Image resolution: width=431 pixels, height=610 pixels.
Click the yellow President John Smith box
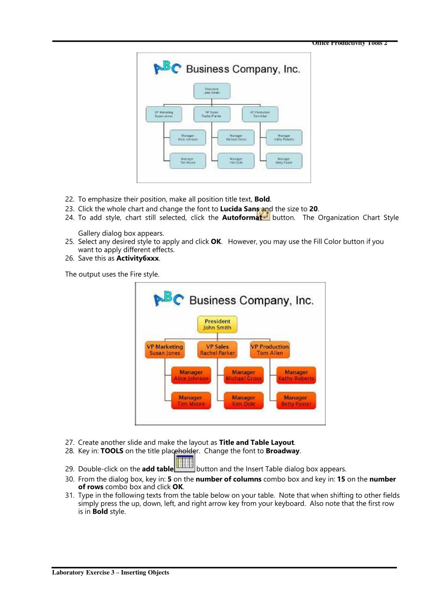tap(217, 325)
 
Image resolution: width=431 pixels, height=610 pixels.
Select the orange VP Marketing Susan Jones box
tap(165, 350)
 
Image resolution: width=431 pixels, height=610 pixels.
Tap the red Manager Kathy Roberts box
tap(296, 375)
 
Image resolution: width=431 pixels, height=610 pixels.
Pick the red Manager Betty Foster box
tap(296, 400)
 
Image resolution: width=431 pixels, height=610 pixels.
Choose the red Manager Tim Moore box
tap(191, 400)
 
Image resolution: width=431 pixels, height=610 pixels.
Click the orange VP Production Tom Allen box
tap(270, 350)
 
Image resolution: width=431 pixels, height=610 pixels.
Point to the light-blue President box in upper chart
tap(212, 91)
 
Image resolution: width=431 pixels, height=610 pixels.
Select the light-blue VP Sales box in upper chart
tap(212, 114)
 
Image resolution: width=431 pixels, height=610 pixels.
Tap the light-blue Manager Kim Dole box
tap(236, 160)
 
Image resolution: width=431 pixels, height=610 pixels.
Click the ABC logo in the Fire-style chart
tap(168, 299)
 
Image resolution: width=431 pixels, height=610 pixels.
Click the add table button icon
tap(184, 462)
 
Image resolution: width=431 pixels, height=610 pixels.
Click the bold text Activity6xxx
tap(138, 258)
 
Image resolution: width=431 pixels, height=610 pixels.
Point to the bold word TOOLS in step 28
tap(112, 451)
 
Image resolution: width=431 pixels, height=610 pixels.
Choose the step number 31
tap(69, 495)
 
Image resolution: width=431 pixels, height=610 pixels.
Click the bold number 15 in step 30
tap(341, 479)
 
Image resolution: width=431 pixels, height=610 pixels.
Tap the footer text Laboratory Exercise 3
tap(110, 573)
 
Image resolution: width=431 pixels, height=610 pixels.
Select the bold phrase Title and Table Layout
tap(256, 442)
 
